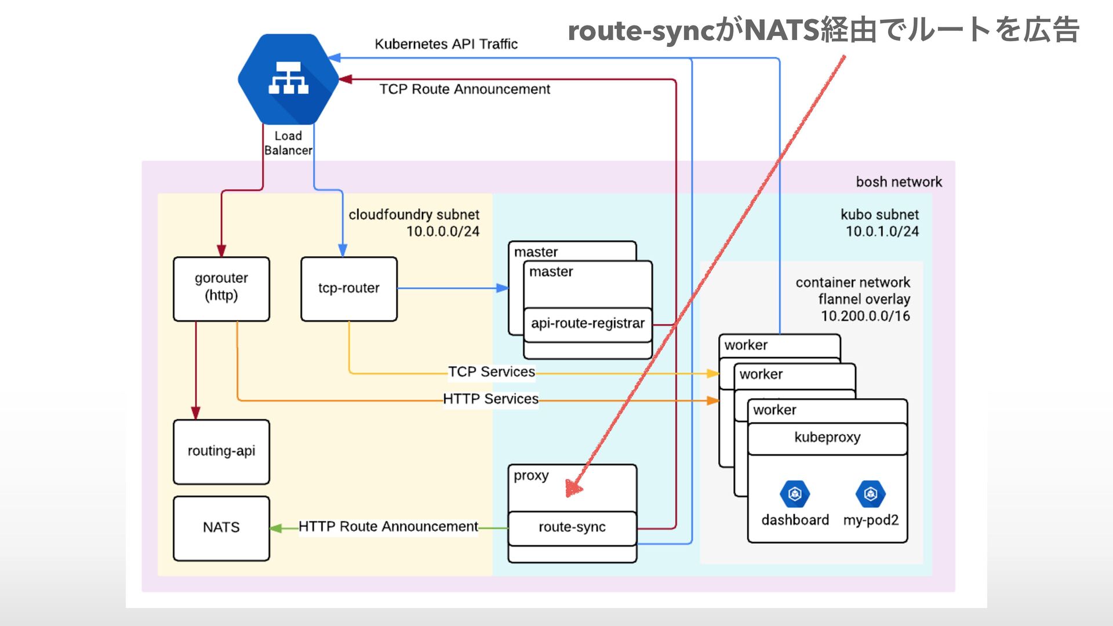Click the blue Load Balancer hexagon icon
tap(288, 79)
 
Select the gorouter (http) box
tap(221, 289)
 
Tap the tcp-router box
tap(349, 289)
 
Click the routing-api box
tap(221, 452)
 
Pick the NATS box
tap(221, 527)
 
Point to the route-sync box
tap(572, 527)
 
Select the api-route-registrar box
tap(588, 324)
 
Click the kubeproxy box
tap(827, 438)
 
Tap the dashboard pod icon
tap(795, 494)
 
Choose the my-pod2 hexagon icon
tap(870, 494)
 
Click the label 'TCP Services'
tap(492, 372)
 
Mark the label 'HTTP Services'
tap(490, 399)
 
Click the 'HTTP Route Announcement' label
tap(388, 527)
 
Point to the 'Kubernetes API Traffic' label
tap(446, 45)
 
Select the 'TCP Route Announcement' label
tap(465, 89)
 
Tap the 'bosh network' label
tap(899, 182)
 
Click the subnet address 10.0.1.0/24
tap(882, 232)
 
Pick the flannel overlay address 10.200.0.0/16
tap(865, 316)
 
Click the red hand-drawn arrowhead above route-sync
tap(573, 489)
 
